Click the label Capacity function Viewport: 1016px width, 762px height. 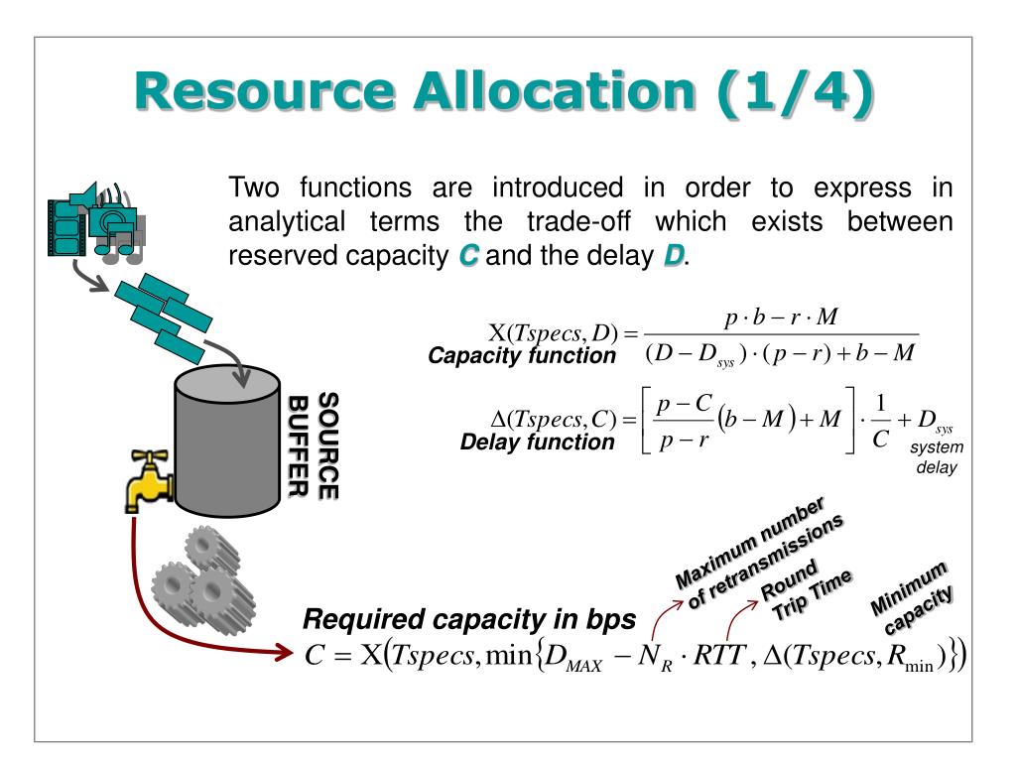[x=522, y=355]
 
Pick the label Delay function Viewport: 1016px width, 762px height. [x=538, y=443]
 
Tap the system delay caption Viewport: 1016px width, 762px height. [x=935, y=457]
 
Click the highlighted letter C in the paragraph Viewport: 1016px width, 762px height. [x=466, y=255]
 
